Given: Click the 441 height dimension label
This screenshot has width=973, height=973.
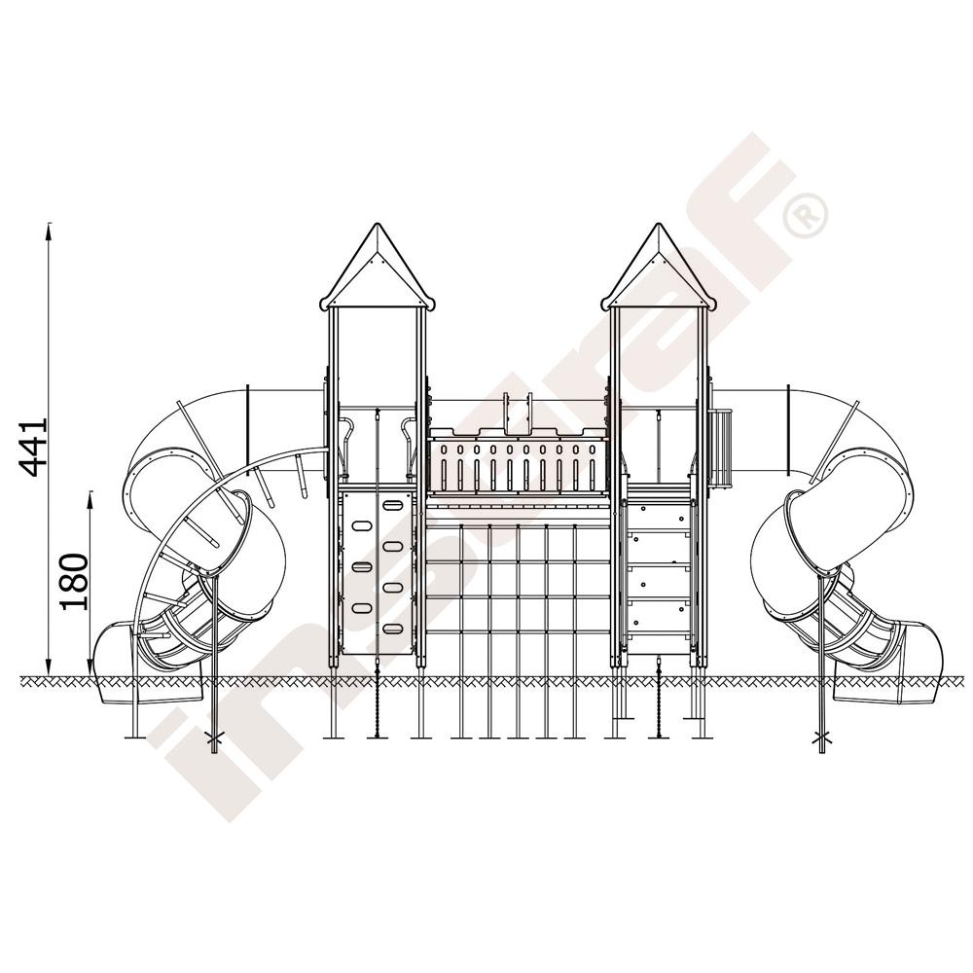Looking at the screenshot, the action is click(x=33, y=447).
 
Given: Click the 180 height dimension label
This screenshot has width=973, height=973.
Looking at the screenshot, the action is click(x=74, y=582).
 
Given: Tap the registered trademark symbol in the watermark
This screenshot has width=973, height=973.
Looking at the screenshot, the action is click(x=806, y=215).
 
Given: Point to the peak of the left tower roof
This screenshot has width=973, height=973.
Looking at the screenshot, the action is click(x=376, y=225).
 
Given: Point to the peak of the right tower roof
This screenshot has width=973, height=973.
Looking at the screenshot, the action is click(x=657, y=225).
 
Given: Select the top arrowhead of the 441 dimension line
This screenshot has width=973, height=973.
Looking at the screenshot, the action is click(x=49, y=225).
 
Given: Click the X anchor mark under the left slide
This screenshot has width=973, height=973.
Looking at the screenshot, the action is click(x=215, y=739).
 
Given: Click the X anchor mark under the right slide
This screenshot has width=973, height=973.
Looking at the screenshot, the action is click(x=822, y=739).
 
